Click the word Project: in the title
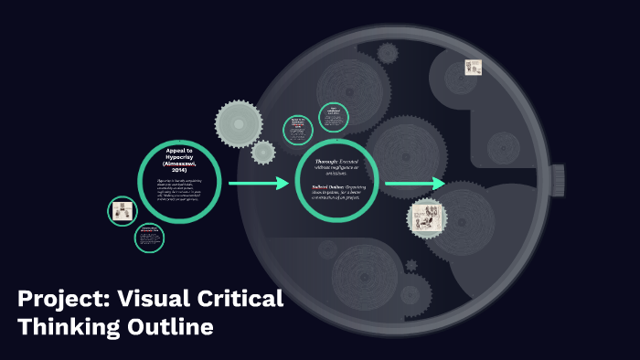tap(57, 299)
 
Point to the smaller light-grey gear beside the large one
tap(263, 153)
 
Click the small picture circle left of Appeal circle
tap(123, 212)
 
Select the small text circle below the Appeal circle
tap(149, 238)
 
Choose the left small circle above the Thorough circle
tap(298, 129)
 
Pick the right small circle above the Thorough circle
tap(334, 117)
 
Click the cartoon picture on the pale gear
tap(427, 217)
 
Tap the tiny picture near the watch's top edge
tap(473, 68)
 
